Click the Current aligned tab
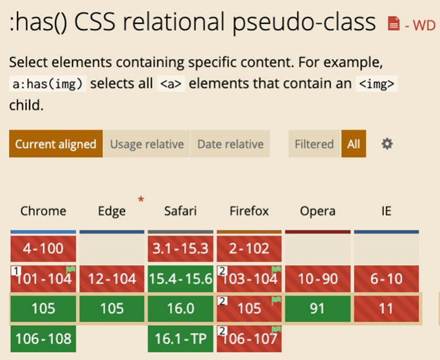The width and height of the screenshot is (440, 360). [x=56, y=144]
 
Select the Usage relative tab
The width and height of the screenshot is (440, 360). [x=147, y=144]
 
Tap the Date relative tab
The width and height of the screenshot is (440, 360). [x=231, y=144]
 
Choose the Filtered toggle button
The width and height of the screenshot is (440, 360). [x=314, y=144]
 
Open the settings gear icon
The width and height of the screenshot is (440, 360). [x=387, y=144]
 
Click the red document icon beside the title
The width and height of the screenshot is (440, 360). [x=393, y=24]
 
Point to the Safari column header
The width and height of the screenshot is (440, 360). [x=180, y=211]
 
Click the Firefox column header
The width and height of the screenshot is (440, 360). [x=249, y=211]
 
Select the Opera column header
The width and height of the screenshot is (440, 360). [x=318, y=211]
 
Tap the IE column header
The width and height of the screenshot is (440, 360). [x=386, y=211]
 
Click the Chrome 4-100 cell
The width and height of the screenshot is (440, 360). [x=43, y=248]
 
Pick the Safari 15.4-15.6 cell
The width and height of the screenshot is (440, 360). [x=180, y=278]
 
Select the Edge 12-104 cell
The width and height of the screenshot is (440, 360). [x=112, y=278]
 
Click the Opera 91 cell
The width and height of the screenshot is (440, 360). [x=318, y=308]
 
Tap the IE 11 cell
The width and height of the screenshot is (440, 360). [x=387, y=308]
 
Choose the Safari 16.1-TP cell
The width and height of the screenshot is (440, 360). [x=180, y=339]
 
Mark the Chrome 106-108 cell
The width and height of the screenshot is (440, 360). [x=43, y=339]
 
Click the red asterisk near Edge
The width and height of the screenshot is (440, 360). [x=141, y=200]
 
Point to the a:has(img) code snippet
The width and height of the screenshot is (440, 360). [x=48, y=84]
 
